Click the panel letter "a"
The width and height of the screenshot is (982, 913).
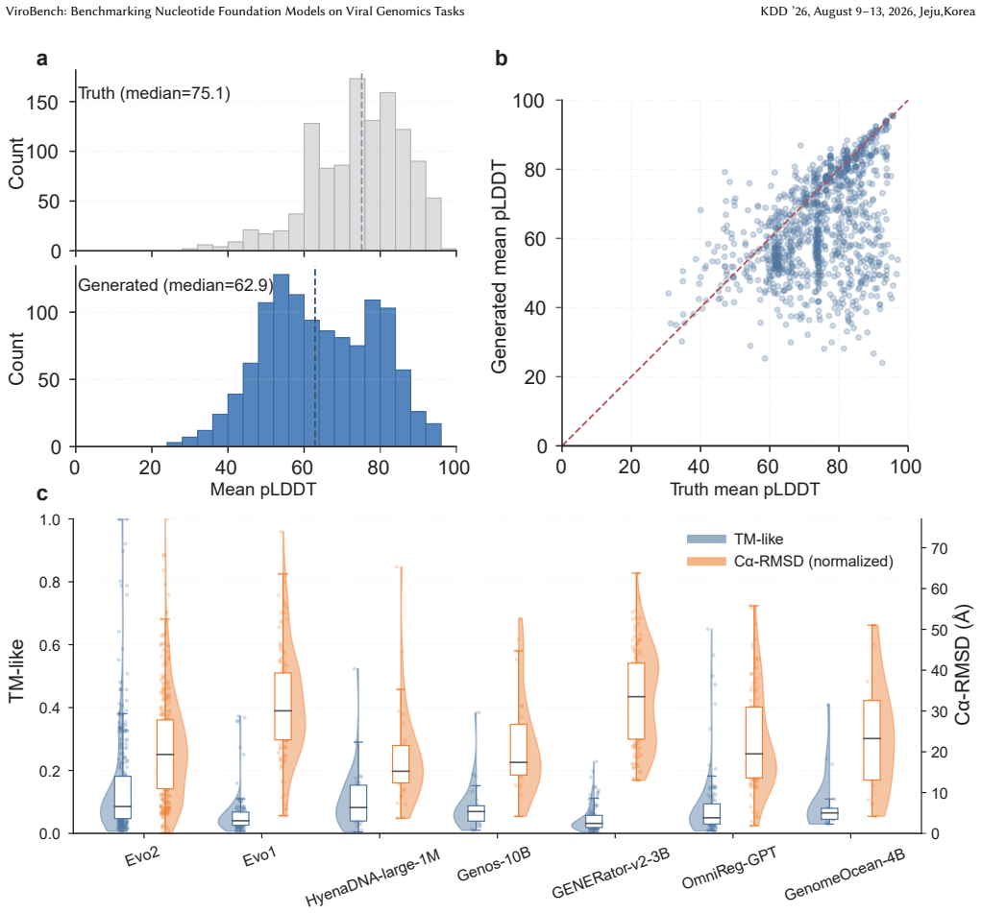42,59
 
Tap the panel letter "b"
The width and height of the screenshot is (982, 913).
501,58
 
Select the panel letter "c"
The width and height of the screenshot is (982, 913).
42,494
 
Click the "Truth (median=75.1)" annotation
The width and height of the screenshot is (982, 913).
154,93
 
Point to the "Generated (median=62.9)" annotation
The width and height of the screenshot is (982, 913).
175,285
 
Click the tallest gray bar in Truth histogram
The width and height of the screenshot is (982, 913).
356,164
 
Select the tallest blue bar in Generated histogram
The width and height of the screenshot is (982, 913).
282,360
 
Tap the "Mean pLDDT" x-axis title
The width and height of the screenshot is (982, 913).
263,490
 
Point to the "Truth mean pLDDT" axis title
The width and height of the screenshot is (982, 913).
745,490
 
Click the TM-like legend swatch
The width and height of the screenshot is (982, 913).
706,540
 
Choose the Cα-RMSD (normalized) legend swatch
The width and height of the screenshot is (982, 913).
706,562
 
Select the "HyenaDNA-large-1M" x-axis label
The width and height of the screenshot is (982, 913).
373,877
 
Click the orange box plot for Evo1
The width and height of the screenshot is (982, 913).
283,707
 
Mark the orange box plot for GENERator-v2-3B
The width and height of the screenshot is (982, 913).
636,701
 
